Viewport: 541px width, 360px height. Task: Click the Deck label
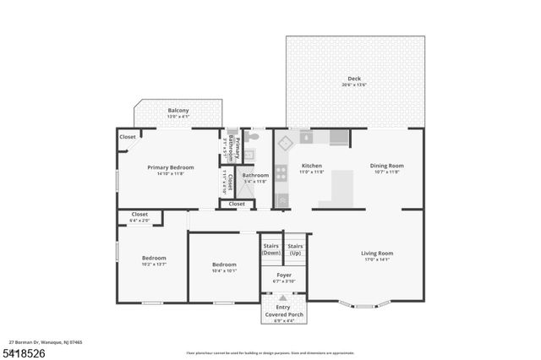coord(354,79)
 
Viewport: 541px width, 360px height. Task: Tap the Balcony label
coord(178,111)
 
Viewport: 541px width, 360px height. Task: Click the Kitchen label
coord(312,166)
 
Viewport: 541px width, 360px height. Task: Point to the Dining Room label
coord(387,166)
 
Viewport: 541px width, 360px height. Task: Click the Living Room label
coord(377,253)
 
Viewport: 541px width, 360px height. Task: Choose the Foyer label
coord(284,275)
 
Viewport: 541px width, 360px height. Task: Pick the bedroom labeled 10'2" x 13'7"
coord(154,260)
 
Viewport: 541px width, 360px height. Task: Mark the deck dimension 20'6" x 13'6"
coord(354,85)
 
